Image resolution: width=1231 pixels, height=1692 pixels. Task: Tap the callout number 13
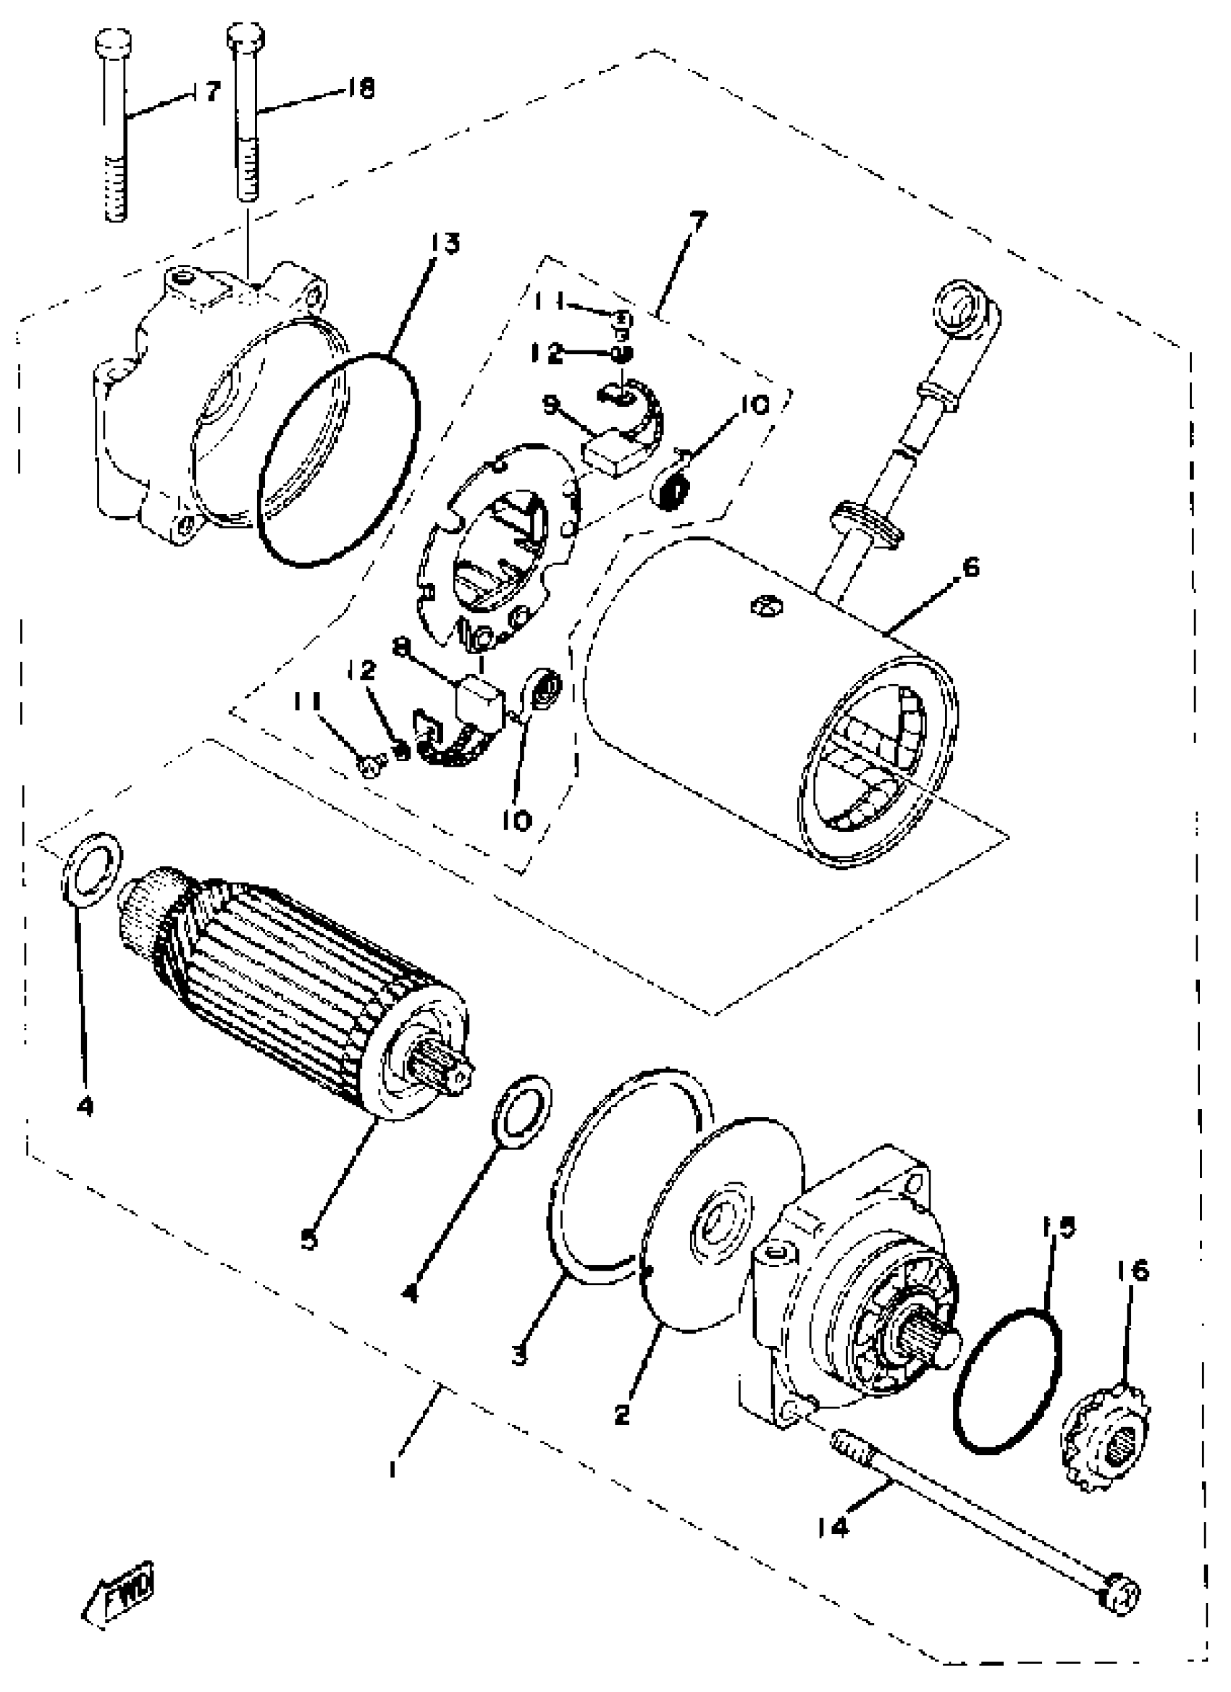pos(445,244)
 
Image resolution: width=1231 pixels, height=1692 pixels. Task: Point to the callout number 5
pos(309,1239)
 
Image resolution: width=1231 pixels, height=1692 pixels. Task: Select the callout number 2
pos(623,1413)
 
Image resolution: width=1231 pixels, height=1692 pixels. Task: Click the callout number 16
pos(1133,1271)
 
